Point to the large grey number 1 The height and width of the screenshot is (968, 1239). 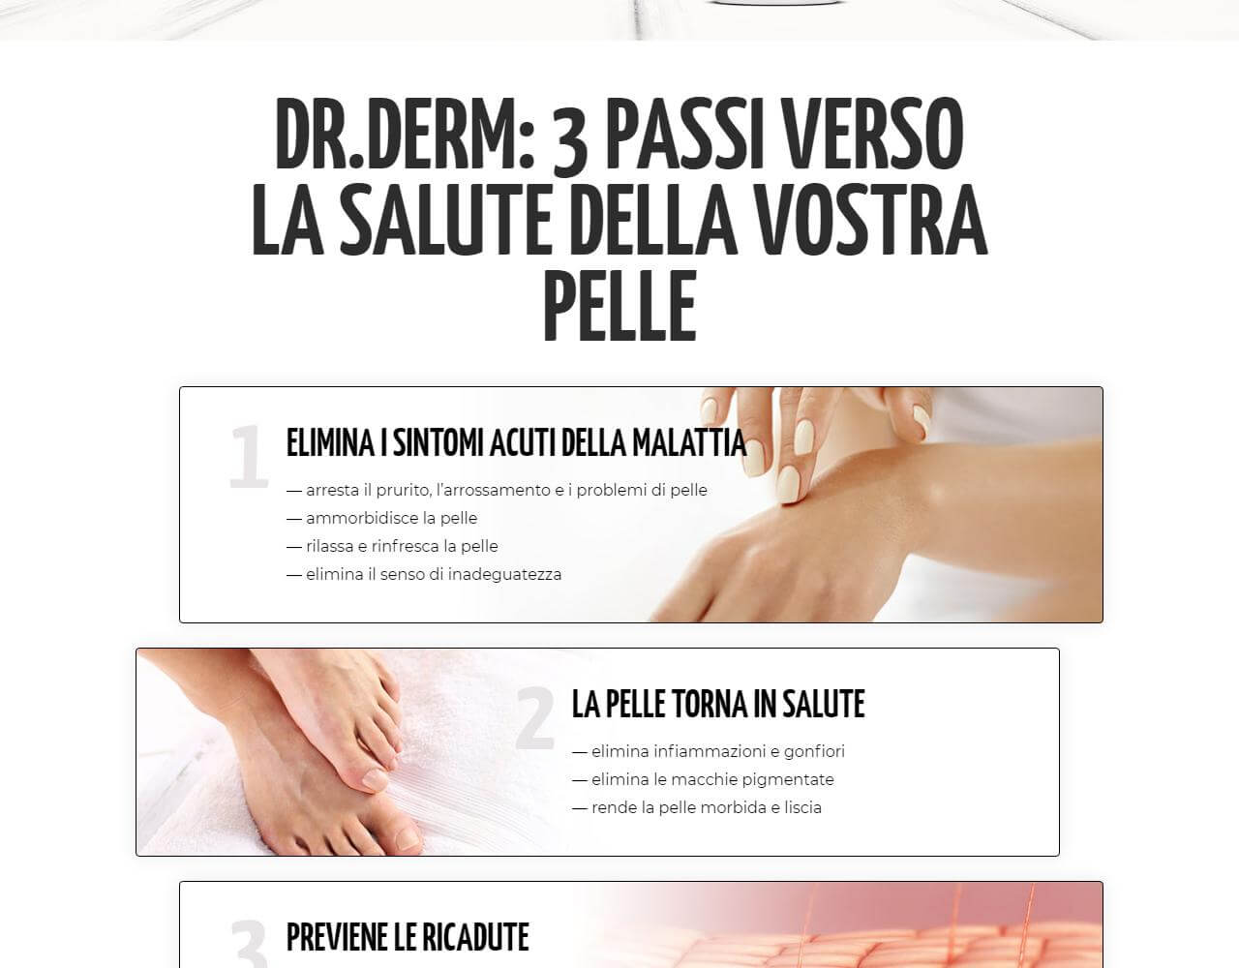point(248,457)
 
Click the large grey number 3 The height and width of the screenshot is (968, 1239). point(249,944)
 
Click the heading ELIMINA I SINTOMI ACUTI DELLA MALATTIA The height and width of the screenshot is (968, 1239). point(516,442)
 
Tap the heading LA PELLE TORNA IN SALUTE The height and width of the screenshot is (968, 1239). point(718,705)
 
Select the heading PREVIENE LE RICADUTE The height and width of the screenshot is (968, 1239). point(408,937)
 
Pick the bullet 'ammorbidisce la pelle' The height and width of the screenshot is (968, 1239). point(391,518)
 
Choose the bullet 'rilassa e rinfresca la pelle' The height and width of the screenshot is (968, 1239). point(402,546)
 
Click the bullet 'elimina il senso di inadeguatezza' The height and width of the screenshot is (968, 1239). point(433,574)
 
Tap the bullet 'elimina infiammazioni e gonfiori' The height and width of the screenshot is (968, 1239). point(717,751)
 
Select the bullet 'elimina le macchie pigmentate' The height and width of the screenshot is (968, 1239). point(711,779)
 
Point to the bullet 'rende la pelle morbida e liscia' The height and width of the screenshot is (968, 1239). point(706,807)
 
